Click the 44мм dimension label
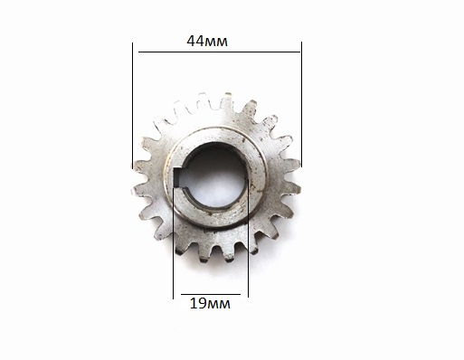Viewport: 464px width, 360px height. (x=207, y=42)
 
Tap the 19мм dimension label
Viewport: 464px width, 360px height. (x=210, y=304)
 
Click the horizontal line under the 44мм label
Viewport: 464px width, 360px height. (x=219, y=52)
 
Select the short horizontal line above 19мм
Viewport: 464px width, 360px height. (x=211, y=294)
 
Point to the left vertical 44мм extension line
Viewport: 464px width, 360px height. (x=132, y=106)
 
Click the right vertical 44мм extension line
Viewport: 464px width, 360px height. (x=301, y=104)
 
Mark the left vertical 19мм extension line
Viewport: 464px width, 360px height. (x=174, y=242)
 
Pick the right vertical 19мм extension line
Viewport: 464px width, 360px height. (x=248, y=238)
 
